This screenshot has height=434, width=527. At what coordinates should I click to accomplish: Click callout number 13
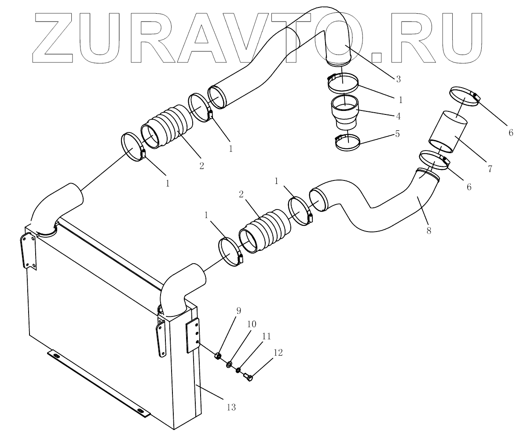[231, 408]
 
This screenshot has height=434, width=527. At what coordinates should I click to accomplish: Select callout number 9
[238, 310]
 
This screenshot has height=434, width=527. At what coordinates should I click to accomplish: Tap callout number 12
[278, 353]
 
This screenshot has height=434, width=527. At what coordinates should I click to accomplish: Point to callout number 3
[398, 79]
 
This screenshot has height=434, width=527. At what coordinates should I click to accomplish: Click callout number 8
[428, 230]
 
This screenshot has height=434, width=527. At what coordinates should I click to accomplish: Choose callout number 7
[490, 168]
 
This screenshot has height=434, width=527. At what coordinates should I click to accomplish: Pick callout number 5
[397, 133]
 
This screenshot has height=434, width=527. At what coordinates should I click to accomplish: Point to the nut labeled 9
[217, 356]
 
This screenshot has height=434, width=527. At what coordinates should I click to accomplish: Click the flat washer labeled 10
[229, 364]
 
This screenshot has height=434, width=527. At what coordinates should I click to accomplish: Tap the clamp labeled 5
[348, 142]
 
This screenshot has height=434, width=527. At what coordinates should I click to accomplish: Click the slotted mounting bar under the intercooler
[99, 383]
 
